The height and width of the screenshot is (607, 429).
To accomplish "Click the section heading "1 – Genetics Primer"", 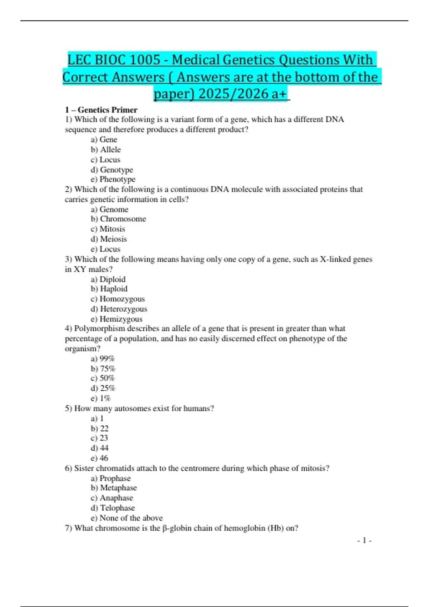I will point(101,110).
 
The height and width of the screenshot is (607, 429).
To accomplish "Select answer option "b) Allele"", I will point(106,150).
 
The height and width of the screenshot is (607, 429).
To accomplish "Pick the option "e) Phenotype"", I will point(113,179).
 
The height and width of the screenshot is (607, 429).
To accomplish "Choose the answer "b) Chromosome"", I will point(118,219).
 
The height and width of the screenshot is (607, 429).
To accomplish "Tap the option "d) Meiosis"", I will point(109,239).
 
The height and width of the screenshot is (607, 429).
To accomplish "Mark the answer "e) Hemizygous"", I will point(117,319).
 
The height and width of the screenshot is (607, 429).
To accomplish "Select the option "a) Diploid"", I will point(108,279).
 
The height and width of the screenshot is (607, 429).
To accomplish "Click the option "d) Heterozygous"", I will point(119,309).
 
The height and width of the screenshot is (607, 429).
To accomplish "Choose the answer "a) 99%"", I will point(103,358).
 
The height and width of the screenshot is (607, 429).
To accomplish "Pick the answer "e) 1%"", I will point(101,398).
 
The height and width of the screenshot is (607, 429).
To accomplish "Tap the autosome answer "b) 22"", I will point(100,428).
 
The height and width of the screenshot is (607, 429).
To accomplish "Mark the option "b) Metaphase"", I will point(114,488).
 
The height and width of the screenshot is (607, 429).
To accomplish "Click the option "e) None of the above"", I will point(127,518).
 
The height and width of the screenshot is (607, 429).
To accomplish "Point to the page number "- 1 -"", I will point(364,541).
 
